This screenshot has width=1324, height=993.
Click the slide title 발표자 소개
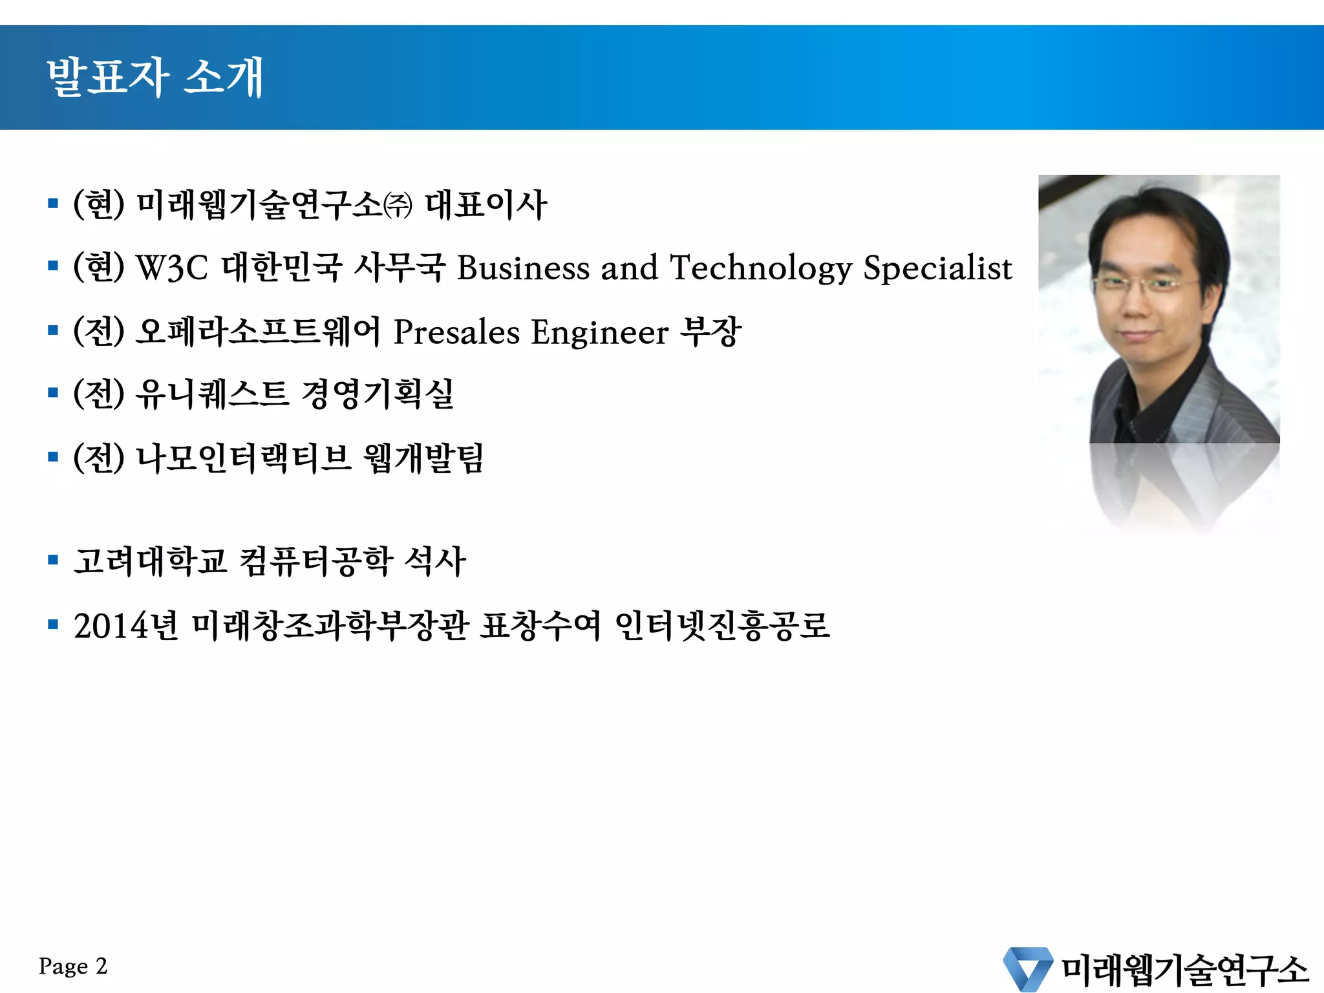point(155,77)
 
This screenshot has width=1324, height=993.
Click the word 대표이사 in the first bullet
point(486,206)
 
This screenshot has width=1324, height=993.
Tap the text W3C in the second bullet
point(172,268)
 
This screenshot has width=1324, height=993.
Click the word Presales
point(456,333)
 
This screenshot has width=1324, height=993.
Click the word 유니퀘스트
point(212,394)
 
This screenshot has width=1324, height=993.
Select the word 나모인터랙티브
point(243,458)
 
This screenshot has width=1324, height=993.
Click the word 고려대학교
point(150,561)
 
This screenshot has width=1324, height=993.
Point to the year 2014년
point(125,626)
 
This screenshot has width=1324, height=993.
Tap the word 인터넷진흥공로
point(722,626)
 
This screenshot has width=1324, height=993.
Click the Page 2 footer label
point(72,966)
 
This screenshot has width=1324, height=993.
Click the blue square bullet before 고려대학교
point(53,560)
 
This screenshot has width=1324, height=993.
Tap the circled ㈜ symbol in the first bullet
point(398,206)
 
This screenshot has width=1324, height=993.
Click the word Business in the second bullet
point(523,268)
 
